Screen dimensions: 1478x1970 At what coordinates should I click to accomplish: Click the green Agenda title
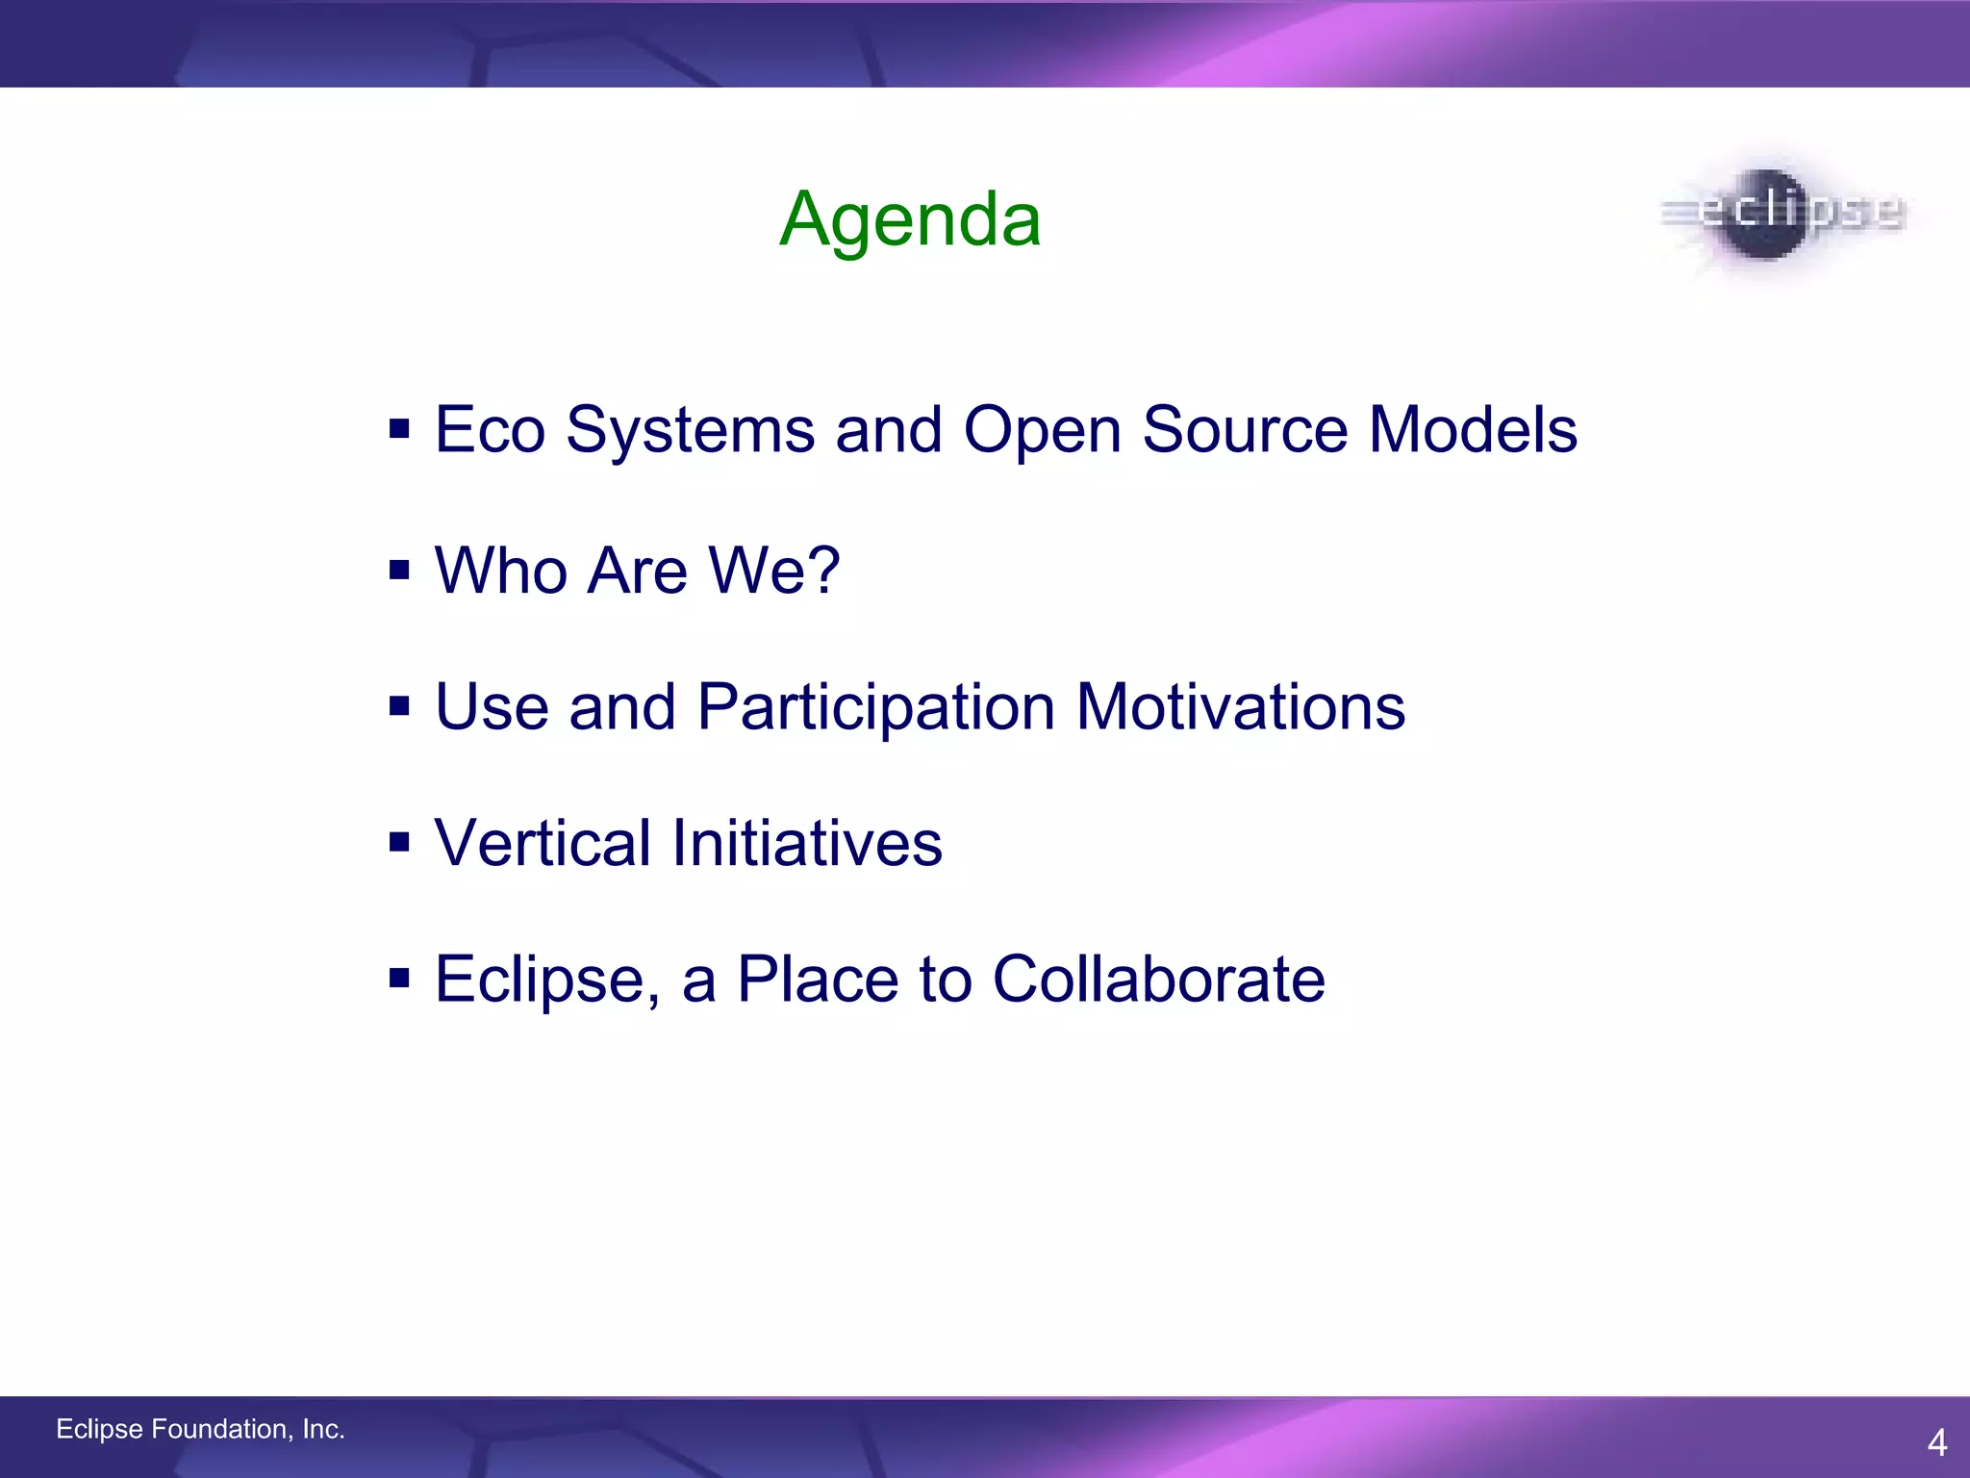(x=910, y=220)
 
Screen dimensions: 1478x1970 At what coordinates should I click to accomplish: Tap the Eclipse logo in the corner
(x=1782, y=213)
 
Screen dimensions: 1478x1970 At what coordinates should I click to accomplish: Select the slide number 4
(x=1936, y=1442)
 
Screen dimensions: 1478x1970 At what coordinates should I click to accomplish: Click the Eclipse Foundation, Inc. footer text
(x=200, y=1429)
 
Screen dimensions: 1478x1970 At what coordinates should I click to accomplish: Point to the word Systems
(x=690, y=430)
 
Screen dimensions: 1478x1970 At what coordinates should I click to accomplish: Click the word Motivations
(x=1240, y=707)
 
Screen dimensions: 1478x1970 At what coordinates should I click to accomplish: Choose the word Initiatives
(x=806, y=843)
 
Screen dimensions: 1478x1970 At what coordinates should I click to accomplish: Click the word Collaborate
(x=1158, y=980)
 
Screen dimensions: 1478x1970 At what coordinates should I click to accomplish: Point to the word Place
(x=817, y=980)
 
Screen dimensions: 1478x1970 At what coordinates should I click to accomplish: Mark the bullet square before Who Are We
(x=399, y=571)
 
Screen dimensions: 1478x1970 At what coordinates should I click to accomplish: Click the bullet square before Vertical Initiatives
(x=399, y=844)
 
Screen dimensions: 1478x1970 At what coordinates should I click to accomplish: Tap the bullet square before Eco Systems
(x=399, y=428)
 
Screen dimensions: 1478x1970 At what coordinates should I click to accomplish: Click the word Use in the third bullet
(x=492, y=707)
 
